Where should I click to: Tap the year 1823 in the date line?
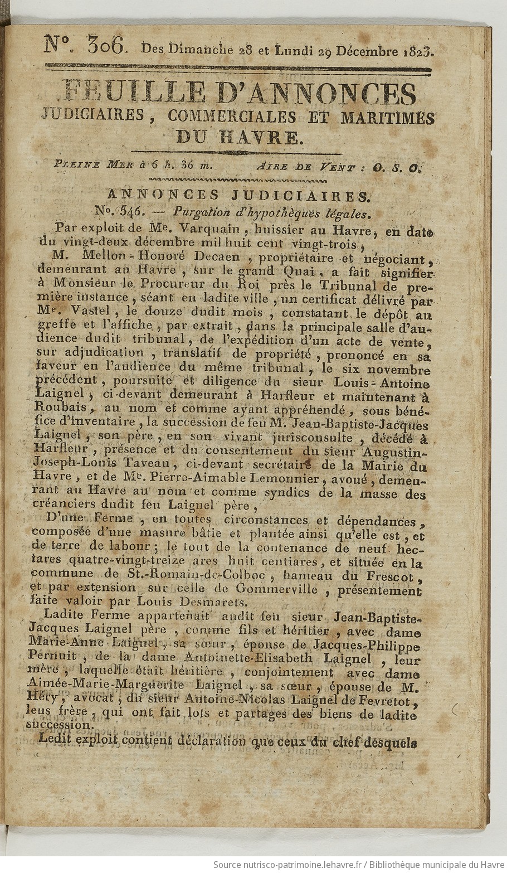tap(417, 51)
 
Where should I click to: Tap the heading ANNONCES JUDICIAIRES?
tap(237, 196)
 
